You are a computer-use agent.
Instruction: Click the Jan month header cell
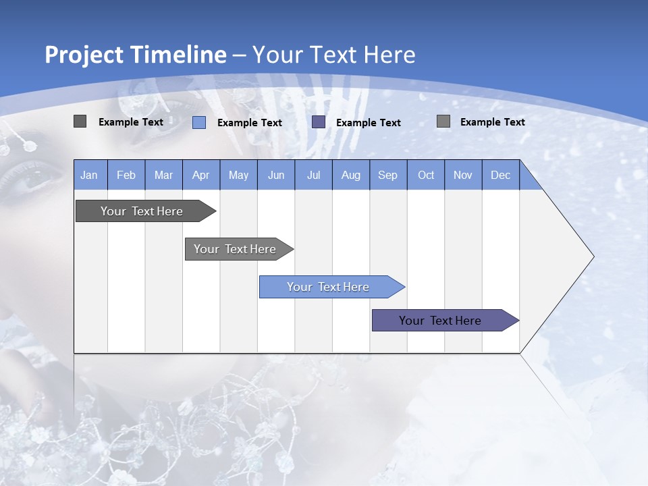tap(90, 175)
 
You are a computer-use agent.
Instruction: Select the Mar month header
tap(163, 175)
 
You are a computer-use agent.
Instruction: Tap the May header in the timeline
tap(238, 175)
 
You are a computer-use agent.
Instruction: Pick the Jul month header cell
tap(313, 175)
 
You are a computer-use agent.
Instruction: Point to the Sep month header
tap(387, 175)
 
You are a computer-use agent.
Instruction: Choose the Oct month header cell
tap(426, 175)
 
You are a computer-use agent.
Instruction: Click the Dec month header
tap(500, 175)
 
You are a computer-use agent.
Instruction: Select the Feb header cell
tap(126, 175)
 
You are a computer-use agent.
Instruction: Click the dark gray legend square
tap(80, 122)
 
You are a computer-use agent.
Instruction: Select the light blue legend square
tap(199, 122)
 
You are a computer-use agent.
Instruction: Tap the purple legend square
tap(319, 122)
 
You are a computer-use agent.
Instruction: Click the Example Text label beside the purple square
tap(368, 123)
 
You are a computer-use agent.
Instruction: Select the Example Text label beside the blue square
tap(249, 123)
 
